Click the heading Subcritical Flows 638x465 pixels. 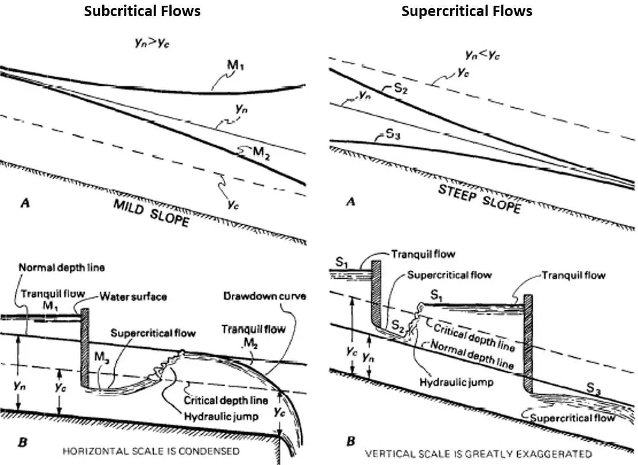pos(142,11)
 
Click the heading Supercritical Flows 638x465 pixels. pos(467,11)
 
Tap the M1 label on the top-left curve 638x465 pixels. pos(235,65)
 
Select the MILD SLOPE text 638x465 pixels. pos(151,213)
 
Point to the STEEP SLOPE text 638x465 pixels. pos(480,199)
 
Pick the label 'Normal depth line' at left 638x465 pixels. pos(62,268)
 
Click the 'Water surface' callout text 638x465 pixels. pos(133,296)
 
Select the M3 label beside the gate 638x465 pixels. pos(102,357)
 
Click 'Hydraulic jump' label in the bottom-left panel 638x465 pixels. pos(221,417)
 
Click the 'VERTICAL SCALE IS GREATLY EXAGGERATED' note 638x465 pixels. pos(478,454)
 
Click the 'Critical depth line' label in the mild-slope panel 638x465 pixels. pos(226,400)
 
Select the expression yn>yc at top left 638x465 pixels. pos(152,42)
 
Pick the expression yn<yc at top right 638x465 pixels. pos(482,54)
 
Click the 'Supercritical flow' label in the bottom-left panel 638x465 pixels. pos(153,333)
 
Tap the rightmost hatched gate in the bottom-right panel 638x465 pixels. pos(528,344)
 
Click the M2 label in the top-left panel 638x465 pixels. pos(261,153)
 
